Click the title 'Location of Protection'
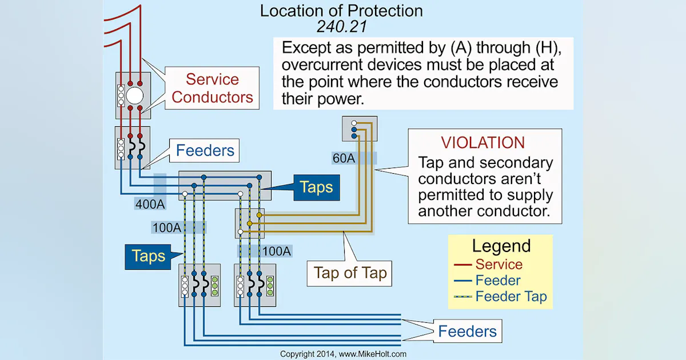[341, 11]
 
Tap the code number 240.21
[341, 26]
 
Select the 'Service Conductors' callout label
[212, 88]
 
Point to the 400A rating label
[150, 203]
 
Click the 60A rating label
[344, 158]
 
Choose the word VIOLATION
[482, 143]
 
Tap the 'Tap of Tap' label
[350, 273]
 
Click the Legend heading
[501, 246]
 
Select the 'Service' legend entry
[498, 265]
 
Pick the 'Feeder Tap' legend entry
[510, 297]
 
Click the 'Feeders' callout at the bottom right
[467, 331]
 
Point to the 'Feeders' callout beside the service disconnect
[205, 151]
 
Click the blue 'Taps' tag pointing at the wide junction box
[316, 187]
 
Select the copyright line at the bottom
[343, 354]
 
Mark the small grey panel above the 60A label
[357, 129]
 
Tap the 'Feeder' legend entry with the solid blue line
[497, 281]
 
